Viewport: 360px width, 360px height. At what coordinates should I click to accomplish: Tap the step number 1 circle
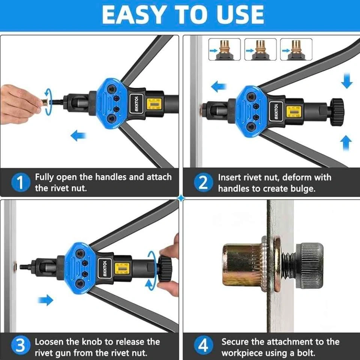point(21,183)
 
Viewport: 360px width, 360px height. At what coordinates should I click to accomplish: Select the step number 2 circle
point(203,183)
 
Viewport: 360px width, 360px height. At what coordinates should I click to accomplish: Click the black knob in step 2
point(337,112)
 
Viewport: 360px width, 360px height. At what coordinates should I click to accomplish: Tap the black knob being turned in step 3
point(165,269)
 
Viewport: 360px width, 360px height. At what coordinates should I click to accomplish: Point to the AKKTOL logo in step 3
point(105,268)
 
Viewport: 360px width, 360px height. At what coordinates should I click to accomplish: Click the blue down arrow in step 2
point(346,81)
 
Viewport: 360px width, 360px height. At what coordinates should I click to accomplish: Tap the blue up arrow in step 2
point(346,143)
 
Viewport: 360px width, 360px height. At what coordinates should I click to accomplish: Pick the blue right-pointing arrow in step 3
point(45,300)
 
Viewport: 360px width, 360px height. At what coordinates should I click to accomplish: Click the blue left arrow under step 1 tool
point(78,135)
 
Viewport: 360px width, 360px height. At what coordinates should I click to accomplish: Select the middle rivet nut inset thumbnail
point(260,49)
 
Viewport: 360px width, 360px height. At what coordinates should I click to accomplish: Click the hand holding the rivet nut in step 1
point(19,105)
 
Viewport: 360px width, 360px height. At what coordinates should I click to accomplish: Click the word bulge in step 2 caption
point(303,189)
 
